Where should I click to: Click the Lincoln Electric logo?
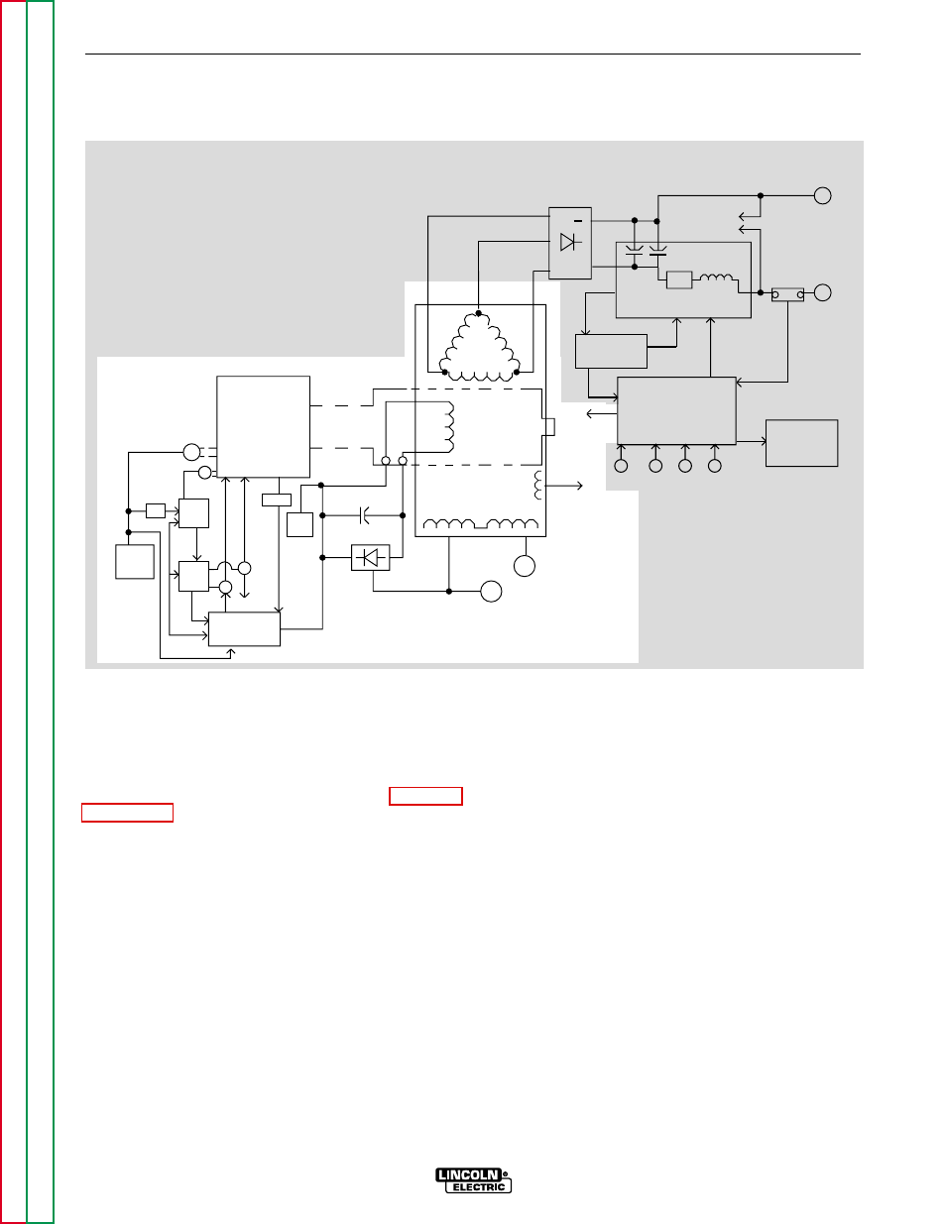(473, 1180)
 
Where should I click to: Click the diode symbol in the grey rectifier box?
(569, 242)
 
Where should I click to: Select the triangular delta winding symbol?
(480, 347)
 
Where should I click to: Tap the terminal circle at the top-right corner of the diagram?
(823, 195)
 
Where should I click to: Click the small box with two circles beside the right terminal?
(787, 294)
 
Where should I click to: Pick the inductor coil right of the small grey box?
(716, 278)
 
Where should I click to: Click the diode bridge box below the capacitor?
(370, 558)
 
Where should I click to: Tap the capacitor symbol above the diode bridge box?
(364, 515)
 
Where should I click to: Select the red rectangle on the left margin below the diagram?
(127, 813)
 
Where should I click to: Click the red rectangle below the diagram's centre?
(426, 796)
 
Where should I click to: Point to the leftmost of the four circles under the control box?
(621, 466)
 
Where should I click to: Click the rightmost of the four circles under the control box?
(714, 466)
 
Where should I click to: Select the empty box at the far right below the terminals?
(802, 443)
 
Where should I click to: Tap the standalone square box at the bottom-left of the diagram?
(135, 562)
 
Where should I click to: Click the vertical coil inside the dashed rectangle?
(449, 427)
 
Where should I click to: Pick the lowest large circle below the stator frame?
(491, 592)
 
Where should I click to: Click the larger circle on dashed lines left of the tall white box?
(191, 452)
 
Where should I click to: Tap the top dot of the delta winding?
(478, 313)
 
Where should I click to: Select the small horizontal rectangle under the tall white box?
(277, 500)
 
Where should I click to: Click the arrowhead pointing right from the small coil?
(579, 486)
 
